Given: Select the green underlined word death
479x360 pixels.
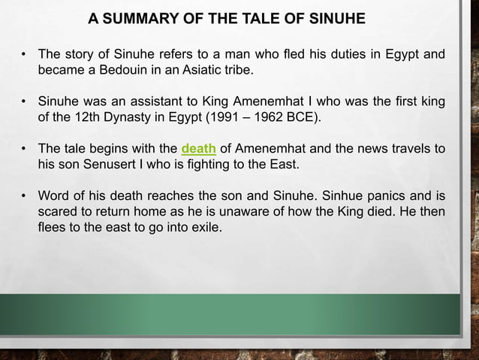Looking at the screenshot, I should [x=199, y=148].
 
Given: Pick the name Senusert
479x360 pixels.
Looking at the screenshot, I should [x=90, y=164].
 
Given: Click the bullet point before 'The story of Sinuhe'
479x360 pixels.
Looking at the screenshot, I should [x=25, y=55].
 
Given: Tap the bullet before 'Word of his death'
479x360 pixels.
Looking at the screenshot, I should [x=25, y=195].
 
